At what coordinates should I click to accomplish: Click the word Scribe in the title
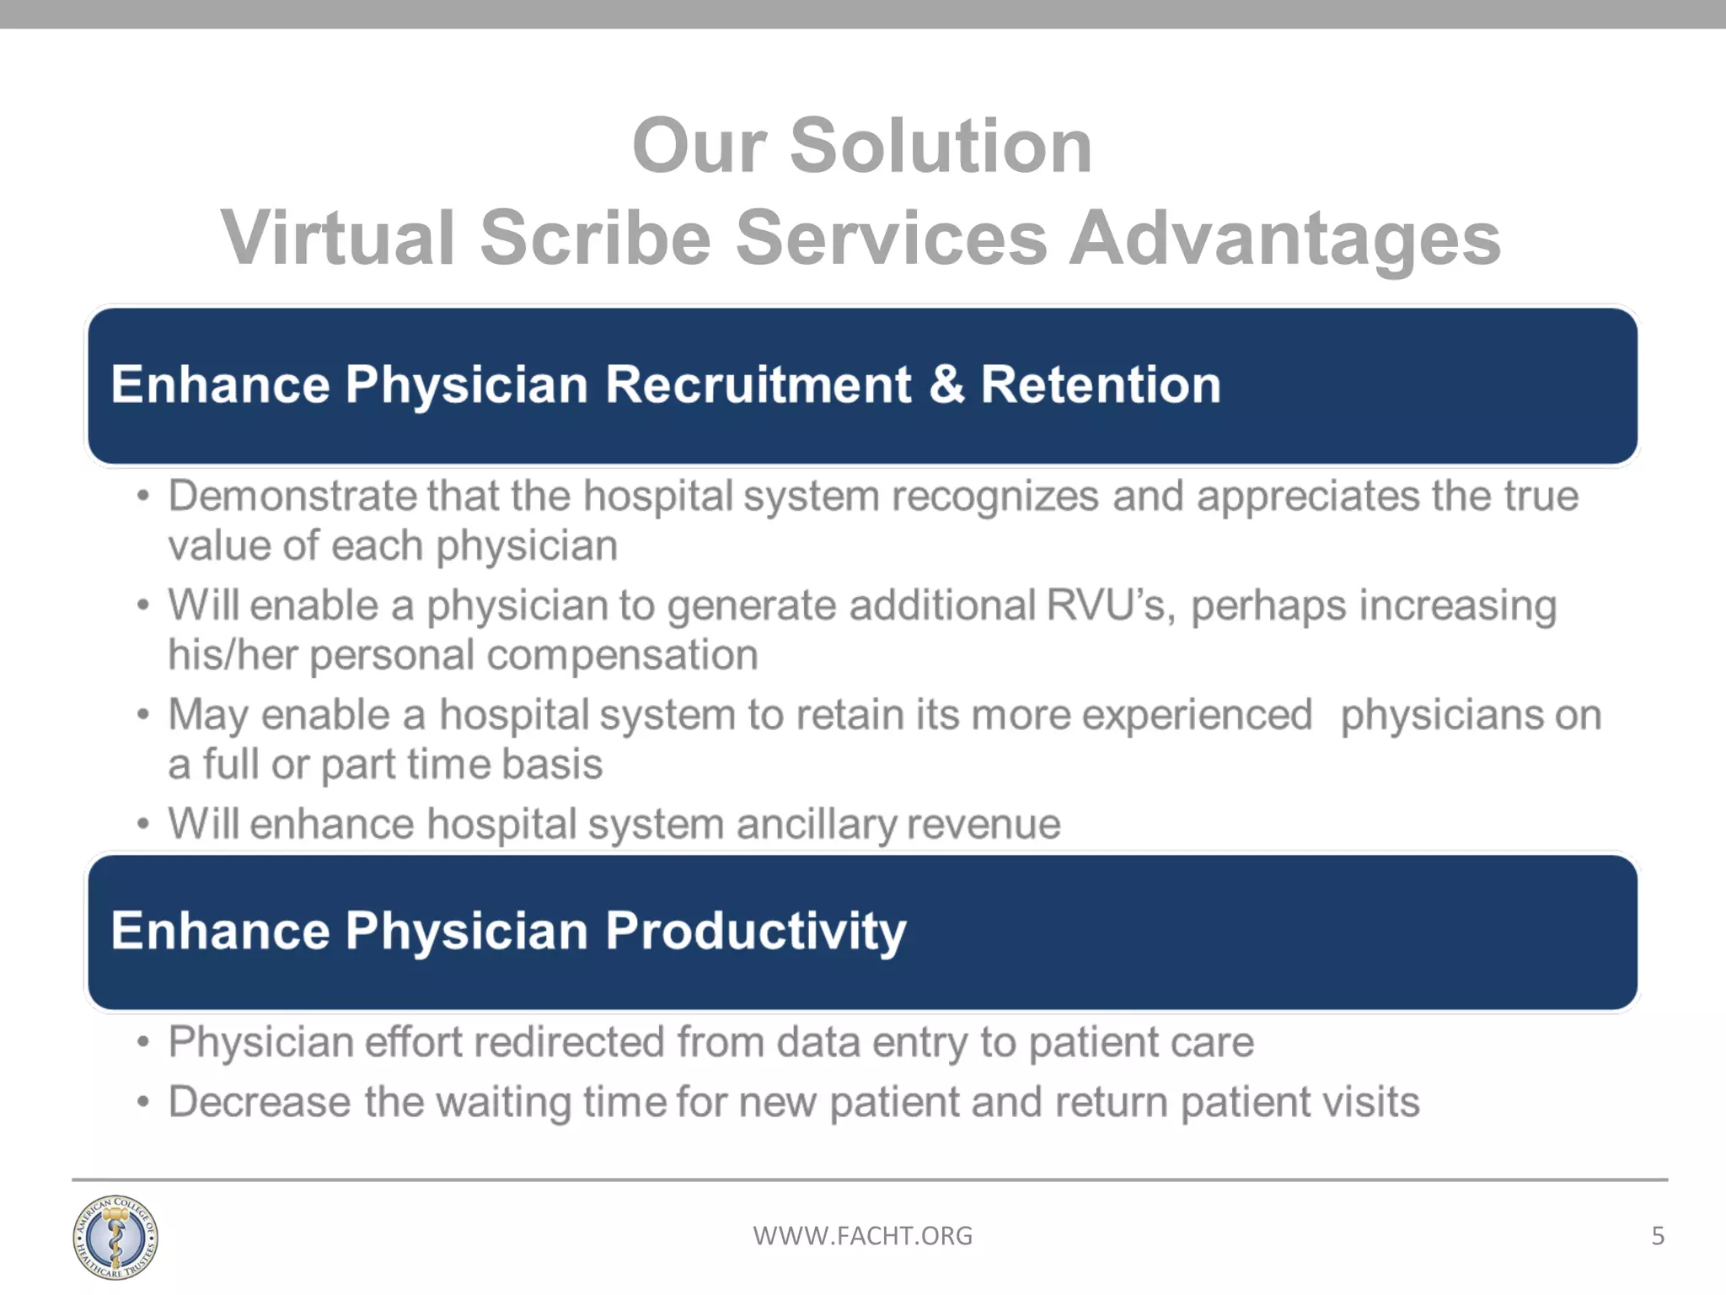click(595, 239)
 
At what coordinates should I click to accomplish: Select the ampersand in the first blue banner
click(946, 384)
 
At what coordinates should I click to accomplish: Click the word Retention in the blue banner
click(1100, 384)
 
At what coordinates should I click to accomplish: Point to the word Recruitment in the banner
click(758, 384)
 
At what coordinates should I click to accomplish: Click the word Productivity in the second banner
click(755, 932)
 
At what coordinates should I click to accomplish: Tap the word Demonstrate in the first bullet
click(292, 496)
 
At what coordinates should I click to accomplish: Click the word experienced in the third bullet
click(1197, 715)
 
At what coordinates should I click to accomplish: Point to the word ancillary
click(815, 824)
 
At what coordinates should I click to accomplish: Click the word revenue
click(984, 825)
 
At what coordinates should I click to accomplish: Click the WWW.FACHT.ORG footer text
click(862, 1236)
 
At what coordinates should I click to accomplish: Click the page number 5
click(1657, 1236)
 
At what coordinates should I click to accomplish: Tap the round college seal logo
click(115, 1237)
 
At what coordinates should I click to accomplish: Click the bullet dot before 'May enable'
click(143, 716)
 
